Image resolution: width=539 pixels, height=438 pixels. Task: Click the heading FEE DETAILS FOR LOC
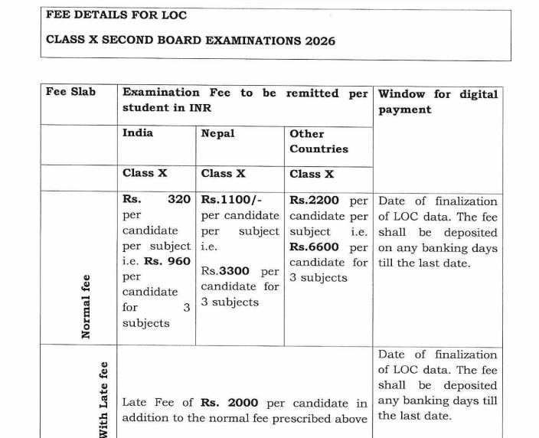(x=116, y=15)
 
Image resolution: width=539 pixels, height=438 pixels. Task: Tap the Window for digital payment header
(x=437, y=101)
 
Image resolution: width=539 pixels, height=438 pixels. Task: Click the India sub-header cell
(x=138, y=132)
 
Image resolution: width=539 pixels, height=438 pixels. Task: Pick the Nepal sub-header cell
(x=217, y=133)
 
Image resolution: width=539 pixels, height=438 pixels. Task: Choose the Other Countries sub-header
(x=318, y=141)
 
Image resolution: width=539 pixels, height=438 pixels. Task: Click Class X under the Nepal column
(x=223, y=173)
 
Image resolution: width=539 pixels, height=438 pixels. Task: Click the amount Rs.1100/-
(x=231, y=200)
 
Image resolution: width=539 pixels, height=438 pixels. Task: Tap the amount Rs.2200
(x=315, y=201)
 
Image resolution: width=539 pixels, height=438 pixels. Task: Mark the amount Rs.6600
(x=315, y=247)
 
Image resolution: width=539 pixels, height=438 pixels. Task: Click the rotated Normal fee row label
(x=87, y=306)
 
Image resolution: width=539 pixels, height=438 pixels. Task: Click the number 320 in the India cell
(x=178, y=200)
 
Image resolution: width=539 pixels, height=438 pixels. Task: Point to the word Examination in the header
(x=161, y=93)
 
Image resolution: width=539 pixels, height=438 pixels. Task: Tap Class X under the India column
(x=145, y=173)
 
